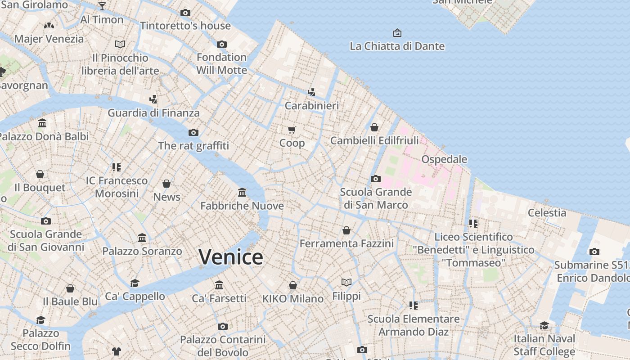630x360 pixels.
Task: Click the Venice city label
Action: [x=231, y=257]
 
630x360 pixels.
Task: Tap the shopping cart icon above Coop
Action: [x=292, y=130]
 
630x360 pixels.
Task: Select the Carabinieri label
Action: [x=312, y=106]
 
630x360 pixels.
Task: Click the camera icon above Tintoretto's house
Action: [x=185, y=13]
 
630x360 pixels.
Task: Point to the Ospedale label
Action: [x=444, y=159]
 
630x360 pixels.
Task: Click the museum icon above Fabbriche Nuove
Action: [x=242, y=193]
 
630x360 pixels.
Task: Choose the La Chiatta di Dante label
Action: [x=397, y=46]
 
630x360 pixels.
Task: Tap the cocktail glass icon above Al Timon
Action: [x=102, y=6]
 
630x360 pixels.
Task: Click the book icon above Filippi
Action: [x=346, y=283]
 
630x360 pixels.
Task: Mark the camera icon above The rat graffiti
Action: [x=193, y=132]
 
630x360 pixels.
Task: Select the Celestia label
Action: [x=547, y=213]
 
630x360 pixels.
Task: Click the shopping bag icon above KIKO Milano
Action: [x=293, y=285]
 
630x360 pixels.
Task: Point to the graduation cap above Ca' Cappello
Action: [x=135, y=283]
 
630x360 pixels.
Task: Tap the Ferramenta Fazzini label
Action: [x=346, y=244]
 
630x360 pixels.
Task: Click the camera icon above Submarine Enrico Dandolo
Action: [x=594, y=252]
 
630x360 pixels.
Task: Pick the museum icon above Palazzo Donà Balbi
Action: [x=42, y=123]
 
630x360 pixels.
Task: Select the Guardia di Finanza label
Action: [x=153, y=113]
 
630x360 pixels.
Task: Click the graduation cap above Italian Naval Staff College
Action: [x=544, y=325]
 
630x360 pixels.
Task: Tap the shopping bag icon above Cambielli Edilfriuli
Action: [x=374, y=127]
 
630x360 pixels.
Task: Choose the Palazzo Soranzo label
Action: [x=142, y=251]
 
